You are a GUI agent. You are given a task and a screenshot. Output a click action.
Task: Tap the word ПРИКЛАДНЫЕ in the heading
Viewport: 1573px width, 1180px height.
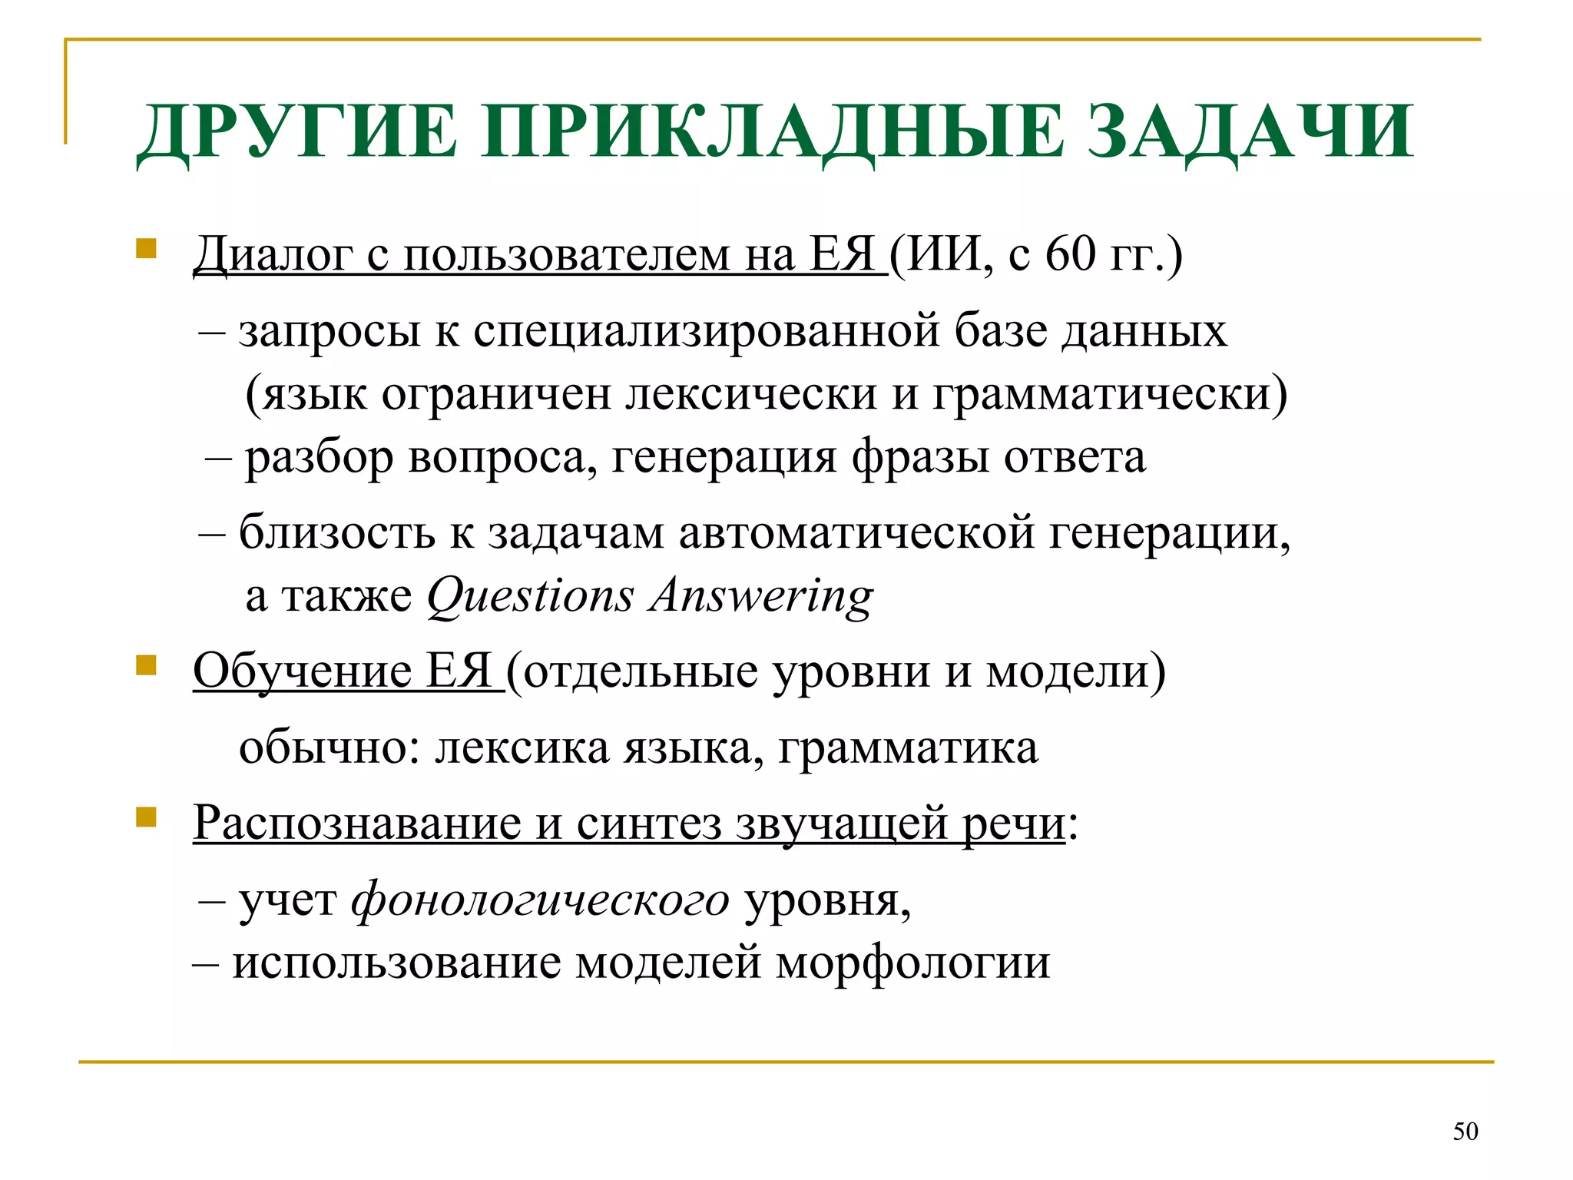(772, 132)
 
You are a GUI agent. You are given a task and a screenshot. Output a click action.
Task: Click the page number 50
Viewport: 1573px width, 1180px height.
(1465, 1131)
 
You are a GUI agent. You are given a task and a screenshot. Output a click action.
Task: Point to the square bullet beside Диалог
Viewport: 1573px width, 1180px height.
(146, 249)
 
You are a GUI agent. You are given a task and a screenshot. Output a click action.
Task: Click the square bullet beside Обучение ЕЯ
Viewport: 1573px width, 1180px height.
(146, 665)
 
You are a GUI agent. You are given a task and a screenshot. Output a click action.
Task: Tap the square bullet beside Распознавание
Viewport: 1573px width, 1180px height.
(146, 817)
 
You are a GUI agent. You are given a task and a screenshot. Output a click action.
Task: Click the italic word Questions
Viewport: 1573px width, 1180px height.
(531, 595)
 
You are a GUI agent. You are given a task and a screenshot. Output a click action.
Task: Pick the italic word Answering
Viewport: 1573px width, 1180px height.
(761, 595)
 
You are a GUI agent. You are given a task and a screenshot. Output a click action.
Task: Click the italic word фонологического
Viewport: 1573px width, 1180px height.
(540, 899)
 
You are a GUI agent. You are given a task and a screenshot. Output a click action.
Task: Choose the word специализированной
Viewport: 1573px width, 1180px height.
(707, 331)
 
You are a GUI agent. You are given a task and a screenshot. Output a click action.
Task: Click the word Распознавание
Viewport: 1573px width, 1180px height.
(357, 823)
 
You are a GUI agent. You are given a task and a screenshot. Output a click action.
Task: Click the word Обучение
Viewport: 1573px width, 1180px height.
(303, 671)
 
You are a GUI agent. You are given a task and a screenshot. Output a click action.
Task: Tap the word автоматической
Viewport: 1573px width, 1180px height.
(856, 532)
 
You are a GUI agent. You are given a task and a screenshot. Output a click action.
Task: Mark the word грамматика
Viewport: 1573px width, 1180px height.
(908, 747)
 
